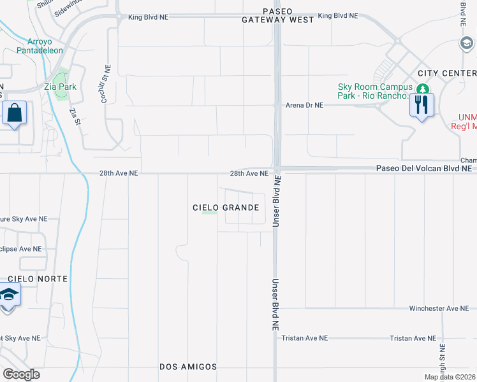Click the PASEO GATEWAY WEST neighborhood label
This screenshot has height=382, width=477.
[277, 15]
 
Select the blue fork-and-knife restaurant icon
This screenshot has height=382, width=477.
[421, 105]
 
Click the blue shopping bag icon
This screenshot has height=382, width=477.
[14, 114]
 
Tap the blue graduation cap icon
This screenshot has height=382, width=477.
[8, 296]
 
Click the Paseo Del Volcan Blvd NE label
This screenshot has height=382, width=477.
[423, 169]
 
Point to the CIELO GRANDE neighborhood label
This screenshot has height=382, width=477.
[226, 208]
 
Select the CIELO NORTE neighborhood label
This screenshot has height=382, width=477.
[34, 279]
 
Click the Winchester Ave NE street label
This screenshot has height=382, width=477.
[439, 308]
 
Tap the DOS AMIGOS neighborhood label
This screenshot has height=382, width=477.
[188, 367]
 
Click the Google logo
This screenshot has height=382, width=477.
[21, 374]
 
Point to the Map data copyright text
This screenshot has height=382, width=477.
[450, 377]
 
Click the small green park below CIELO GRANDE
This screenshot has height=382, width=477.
[209, 213]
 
